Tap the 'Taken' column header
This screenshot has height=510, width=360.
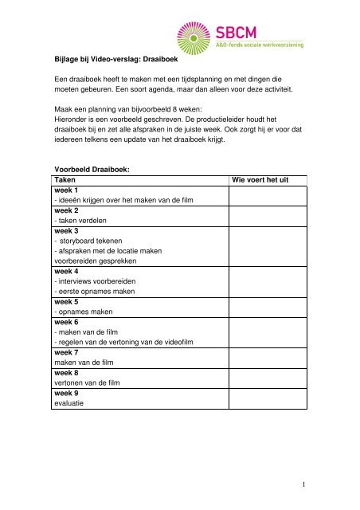(66, 181)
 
